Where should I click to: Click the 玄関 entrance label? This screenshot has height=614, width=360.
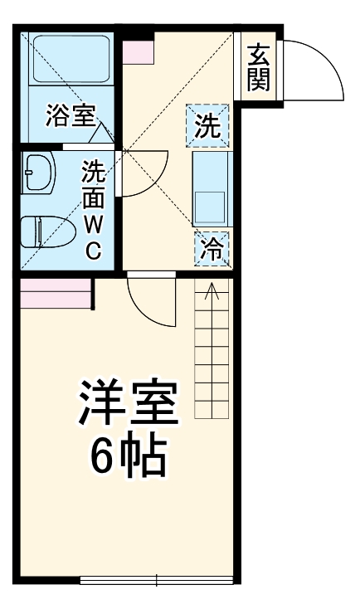258,69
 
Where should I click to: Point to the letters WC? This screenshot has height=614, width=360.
93,236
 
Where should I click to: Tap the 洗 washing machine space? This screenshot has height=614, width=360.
208,126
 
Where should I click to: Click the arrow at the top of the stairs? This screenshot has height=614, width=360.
212,291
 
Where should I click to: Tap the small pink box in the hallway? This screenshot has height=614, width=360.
139,51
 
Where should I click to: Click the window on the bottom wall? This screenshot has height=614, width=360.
157,577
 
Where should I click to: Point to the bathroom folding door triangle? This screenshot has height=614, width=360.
100,133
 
